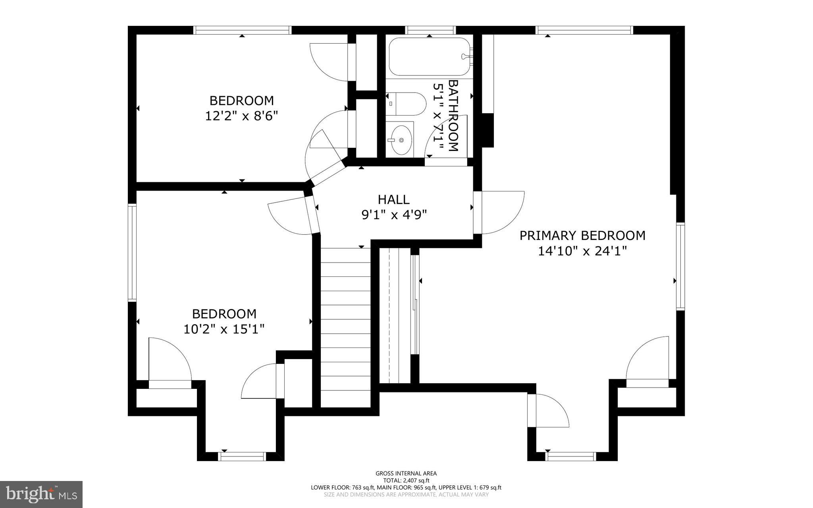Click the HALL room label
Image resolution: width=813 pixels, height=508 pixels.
(x=393, y=199)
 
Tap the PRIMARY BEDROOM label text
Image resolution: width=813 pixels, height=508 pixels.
(x=582, y=236)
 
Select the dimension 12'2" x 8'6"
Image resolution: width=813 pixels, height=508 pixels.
(x=241, y=116)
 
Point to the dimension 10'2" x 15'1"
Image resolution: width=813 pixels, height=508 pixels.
(x=224, y=329)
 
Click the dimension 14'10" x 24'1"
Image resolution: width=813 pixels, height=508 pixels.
(x=582, y=251)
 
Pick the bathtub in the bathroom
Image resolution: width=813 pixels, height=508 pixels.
(x=429, y=57)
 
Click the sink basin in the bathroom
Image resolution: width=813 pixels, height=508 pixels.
(x=401, y=140)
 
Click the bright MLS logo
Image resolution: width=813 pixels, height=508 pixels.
(x=41, y=494)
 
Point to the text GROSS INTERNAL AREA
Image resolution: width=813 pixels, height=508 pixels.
(x=406, y=473)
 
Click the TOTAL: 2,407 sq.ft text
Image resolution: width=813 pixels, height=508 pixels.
(x=406, y=480)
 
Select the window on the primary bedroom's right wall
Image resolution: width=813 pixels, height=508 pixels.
(x=680, y=267)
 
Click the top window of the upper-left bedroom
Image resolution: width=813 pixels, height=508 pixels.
(x=242, y=30)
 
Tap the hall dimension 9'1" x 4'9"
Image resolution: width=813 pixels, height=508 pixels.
(x=393, y=215)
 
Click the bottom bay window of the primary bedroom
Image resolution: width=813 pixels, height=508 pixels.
(x=570, y=456)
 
